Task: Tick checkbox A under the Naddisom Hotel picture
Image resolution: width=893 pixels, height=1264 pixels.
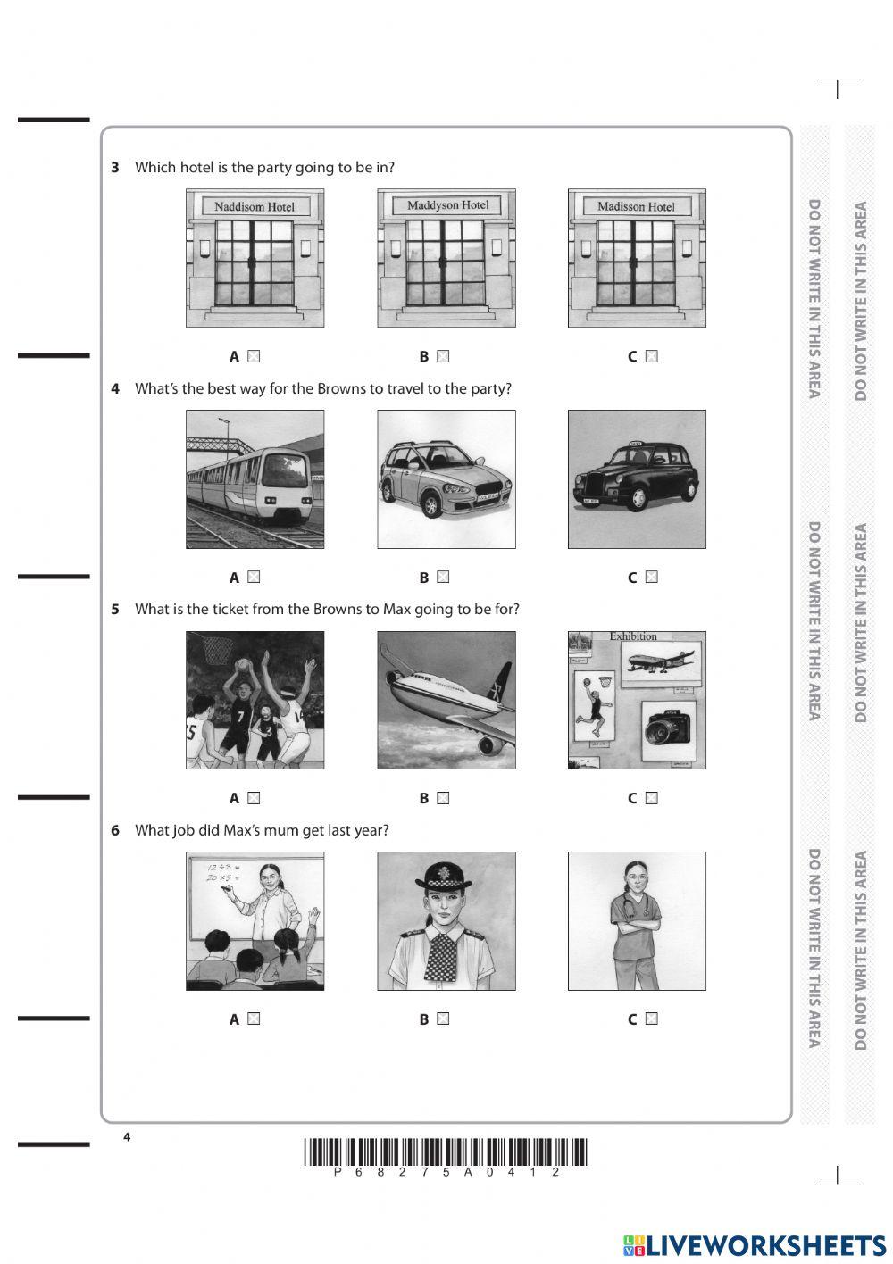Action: [x=254, y=356]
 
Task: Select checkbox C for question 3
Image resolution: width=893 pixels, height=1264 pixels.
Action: [x=651, y=356]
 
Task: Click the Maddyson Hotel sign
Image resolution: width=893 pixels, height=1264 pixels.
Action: [x=447, y=205]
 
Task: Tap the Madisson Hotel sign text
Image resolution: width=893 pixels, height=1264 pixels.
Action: [x=636, y=206]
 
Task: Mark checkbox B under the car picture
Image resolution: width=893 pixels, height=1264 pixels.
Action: [x=443, y=577]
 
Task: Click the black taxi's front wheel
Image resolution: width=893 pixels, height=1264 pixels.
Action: [x=638, y=499]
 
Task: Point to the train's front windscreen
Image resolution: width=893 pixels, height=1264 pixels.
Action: [x=286, y=470]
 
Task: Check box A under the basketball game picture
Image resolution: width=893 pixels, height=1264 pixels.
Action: [x=254, y=798]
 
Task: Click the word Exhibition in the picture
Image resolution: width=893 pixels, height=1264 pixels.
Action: [x=633, y=636]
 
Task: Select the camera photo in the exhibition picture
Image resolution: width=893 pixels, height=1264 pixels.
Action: [x=669, y=731]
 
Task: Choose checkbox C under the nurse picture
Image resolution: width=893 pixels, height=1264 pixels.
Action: [x=651, y=1019]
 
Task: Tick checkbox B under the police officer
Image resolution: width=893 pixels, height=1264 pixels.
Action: [x=443, y=1019]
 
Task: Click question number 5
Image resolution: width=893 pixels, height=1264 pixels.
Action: [x=115, y=610]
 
